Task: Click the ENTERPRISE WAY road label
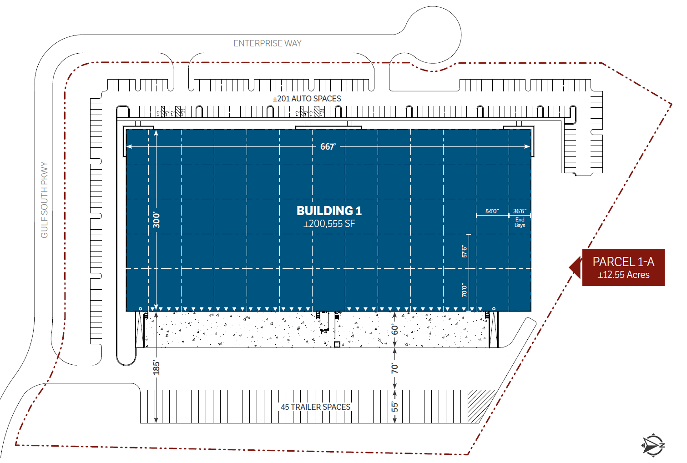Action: (268, 44)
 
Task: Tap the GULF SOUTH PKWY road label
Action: (45, 200)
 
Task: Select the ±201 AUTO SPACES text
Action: (307, 99)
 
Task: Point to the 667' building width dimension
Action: (328, 146)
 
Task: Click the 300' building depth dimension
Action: (157, 220)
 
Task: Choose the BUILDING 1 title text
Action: (329, 211)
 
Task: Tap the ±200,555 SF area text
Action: (329, 224)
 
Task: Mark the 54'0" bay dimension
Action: (492, 211)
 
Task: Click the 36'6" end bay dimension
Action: (520, 211)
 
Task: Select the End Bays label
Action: (520, 222)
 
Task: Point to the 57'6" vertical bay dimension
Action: (465, 252)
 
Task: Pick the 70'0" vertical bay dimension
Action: (465, 290)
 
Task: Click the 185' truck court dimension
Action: (157, 368)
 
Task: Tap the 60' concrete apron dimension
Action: (395, 330)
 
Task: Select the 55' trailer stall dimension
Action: (395, 407)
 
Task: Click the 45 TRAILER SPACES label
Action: (316, 407)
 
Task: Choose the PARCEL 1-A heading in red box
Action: (623, 262)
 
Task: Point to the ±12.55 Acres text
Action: (623, 275)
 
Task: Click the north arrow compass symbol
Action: (653, 445)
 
